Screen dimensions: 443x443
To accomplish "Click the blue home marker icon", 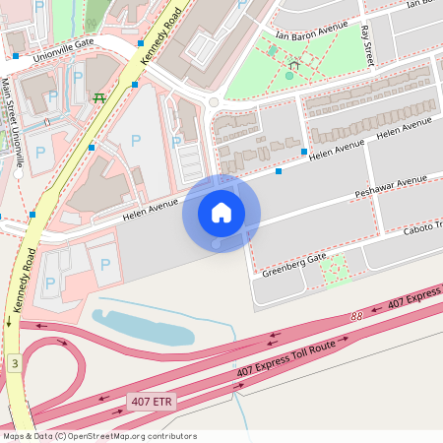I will point(221,212).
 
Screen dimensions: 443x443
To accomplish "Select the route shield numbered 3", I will point(14,363).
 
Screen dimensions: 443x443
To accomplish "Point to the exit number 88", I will point(355,316).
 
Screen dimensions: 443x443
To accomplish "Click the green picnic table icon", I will point(98,98).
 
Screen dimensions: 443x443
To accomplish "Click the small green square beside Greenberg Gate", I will point(336,268).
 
